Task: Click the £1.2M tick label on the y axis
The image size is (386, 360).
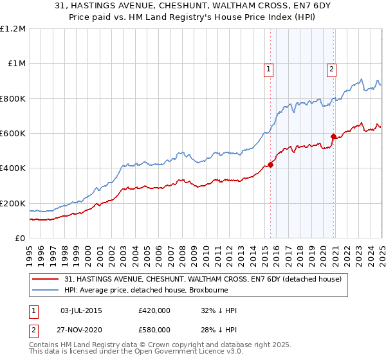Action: click(13, 29)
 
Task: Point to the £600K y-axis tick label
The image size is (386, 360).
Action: click(13, 134)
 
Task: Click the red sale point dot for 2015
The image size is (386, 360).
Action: click(270, 165)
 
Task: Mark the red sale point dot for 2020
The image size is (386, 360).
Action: click(333, 136)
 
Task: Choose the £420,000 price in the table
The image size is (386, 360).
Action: click(154, 311)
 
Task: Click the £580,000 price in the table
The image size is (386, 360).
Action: click(154, 329)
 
